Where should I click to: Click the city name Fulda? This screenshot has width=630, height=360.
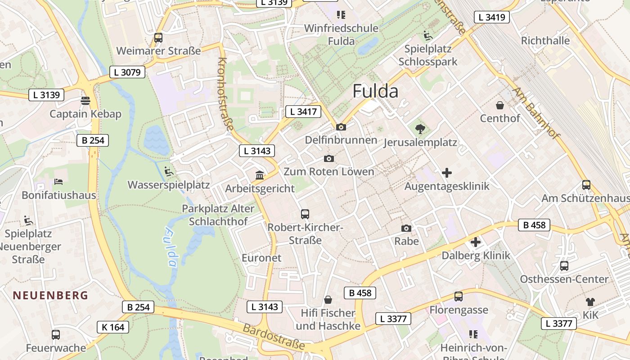(375, 91)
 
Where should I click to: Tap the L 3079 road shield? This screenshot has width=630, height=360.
(127, 72)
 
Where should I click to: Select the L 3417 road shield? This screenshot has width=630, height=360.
(303, 112)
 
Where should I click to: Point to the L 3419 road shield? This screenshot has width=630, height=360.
(492, 18)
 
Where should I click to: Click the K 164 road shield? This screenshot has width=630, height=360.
(113, 327)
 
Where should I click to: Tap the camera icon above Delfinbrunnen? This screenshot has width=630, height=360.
(341, 127)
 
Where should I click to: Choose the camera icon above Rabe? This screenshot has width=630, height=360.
(406, 229)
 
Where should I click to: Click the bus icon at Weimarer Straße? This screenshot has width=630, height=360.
(158, 38)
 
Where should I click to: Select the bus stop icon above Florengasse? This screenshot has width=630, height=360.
(459, 297)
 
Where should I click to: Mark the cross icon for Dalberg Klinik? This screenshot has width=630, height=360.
(476, 243)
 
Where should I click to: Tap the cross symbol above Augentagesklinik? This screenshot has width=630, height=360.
(447, 173)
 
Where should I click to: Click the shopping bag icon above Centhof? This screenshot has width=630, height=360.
(499, 106)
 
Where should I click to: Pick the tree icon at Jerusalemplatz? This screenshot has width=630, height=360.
(420, 130)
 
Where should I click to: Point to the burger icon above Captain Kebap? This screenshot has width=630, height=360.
(85, 100)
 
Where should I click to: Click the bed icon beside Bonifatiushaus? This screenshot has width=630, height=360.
(58, 182)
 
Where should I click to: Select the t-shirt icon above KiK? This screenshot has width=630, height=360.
(590, 302)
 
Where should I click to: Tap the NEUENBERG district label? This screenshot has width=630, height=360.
(50, 296)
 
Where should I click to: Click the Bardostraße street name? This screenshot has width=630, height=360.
(274, 337)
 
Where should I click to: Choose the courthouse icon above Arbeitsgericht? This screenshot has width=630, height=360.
(260, 175)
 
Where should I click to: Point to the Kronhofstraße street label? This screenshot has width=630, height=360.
(226, 94)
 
